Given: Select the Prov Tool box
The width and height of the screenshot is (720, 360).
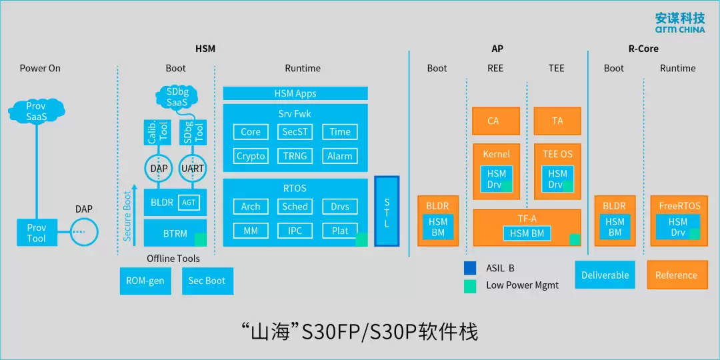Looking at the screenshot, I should pyautogui.click(x=36, y=233).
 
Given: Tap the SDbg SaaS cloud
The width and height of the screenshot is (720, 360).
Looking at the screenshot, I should pyautogui.click(x=177, y=97).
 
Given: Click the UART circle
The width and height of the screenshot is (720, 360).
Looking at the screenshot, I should pyautogui.click(x=193, y=169).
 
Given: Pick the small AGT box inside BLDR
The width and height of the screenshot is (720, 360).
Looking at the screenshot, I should pyautogui.click(x=189, y=202).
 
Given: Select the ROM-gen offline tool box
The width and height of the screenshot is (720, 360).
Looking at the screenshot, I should pyautogui.click(x=145, y=281).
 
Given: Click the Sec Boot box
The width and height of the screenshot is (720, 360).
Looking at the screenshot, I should pyautogui.click(x=207, y=281).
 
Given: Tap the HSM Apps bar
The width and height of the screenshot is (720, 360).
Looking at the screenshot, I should pyautogui.click(x=295, y=94).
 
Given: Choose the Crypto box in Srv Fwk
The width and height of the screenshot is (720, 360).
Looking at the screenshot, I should pyautogui.click(x=251, y=156).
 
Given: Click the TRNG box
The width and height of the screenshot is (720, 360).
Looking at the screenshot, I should pyautogui.click(x=295, y=156).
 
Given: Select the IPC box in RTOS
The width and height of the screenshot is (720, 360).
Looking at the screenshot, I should pyautogui.click(x=295, y=231).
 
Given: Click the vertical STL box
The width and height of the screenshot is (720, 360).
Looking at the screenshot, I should pyautogui.click(x=387, y=211).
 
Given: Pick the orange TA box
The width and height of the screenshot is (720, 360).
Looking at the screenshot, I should pyautogui.click(x=557, y=121).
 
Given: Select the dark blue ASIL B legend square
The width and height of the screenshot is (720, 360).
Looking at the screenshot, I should pyautogui.click(x=471, y=268).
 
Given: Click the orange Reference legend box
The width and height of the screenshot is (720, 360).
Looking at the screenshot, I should pyautogui.click(x=676, y=275).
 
